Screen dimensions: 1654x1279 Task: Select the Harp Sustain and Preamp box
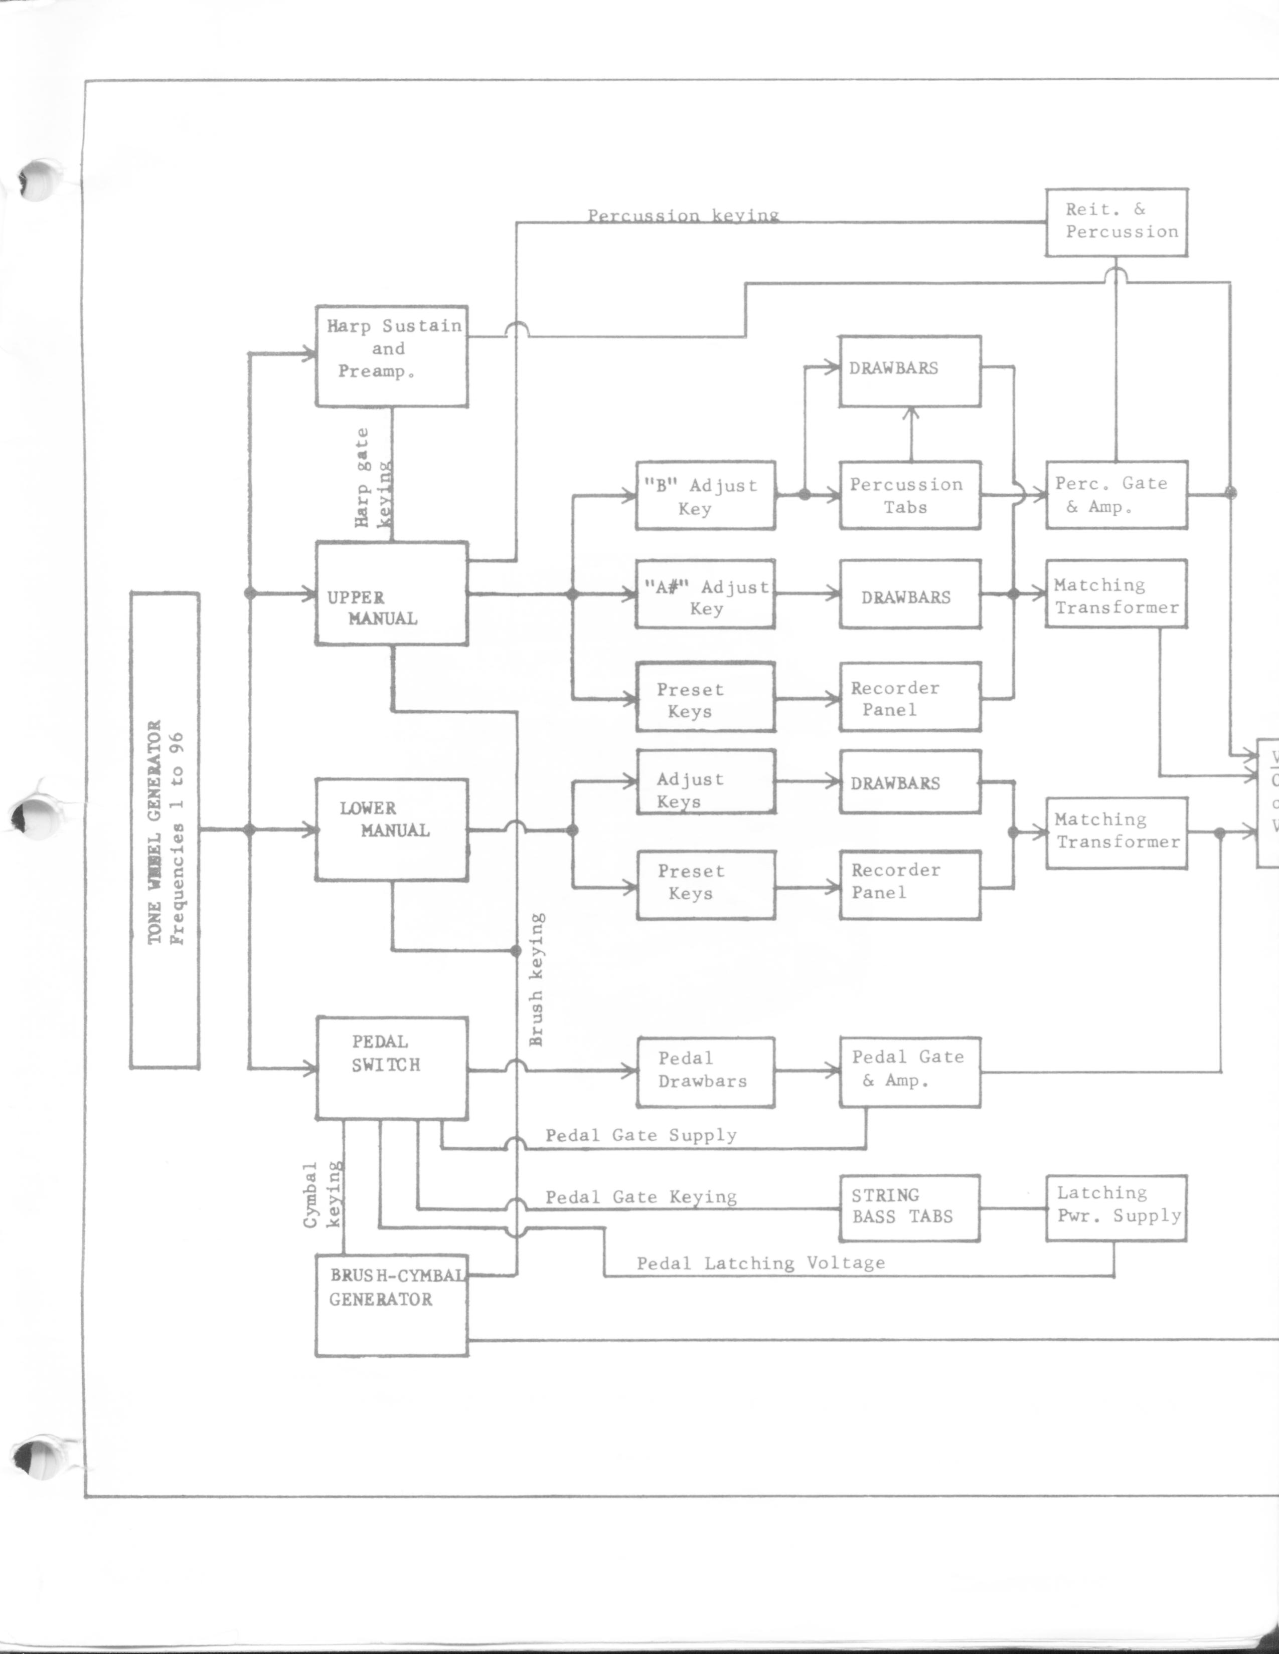click(391, 356)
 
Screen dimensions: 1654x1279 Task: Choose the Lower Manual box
click(391, 830)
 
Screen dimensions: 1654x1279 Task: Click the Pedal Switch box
click(391, 1067)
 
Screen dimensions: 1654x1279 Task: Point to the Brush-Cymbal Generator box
click(391, 1304)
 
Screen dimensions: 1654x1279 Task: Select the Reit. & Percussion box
click(1116, 222)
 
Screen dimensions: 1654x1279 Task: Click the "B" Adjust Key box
click(705, 495)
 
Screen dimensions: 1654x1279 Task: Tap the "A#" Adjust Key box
click(705, 594)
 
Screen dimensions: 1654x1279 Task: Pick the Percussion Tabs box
click(910, 495)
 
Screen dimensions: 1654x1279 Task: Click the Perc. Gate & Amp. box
click(1116, 495)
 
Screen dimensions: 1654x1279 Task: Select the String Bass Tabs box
click(909, 1208)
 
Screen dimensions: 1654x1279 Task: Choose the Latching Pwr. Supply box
click(1116, 1208)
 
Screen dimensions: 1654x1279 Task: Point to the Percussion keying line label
click(683, 216)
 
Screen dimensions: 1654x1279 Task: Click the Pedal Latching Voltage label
click(760, 1263)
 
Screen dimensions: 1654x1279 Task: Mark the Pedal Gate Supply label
click(641, 1134)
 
